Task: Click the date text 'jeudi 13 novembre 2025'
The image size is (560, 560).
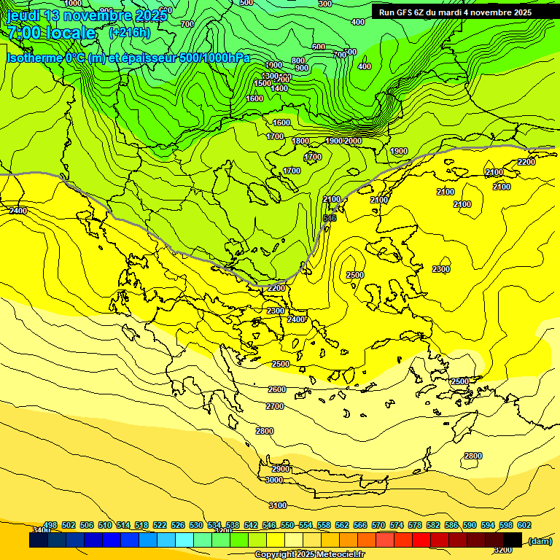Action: coord(87,15)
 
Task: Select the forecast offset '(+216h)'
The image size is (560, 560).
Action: coord(129,33)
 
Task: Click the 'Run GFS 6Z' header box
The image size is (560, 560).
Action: coord(455,12)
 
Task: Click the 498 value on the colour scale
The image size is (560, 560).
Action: coord(50,526)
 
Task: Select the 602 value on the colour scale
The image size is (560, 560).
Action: coord(524,526)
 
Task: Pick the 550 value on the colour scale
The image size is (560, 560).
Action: coord(287,526)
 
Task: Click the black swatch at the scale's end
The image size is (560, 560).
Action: coord(513,540)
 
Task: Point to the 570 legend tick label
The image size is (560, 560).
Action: coord(378,526)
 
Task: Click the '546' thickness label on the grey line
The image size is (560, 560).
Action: coord(330,218)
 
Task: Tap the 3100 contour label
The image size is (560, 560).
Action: coord(278,505)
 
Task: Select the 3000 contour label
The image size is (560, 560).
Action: coord(274,480)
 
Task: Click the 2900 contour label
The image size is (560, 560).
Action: coord(281,468)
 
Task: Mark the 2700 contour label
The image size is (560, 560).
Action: coord(275,406)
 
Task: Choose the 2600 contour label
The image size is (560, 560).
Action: coord(277,389)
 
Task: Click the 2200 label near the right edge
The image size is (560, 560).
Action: coord(526,162)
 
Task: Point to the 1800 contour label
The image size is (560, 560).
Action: coord(300,141)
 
